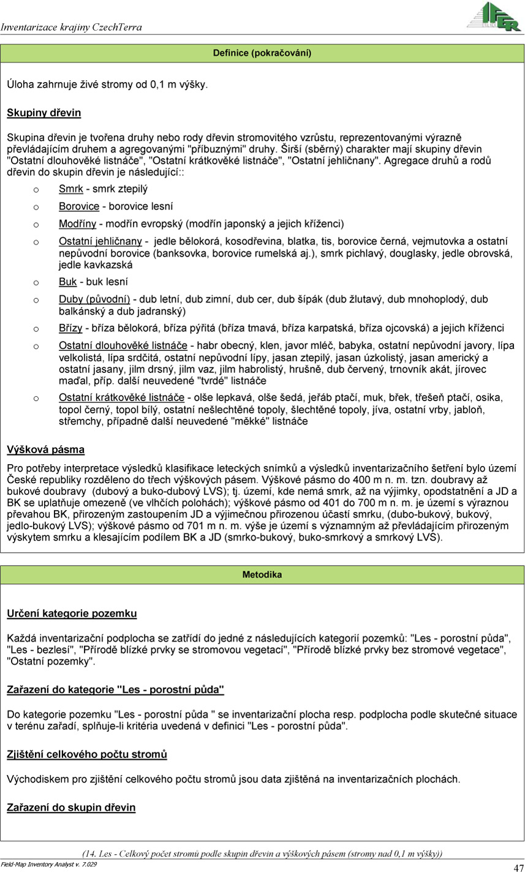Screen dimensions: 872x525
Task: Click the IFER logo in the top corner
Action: pyautogui.click(x=493, y=17)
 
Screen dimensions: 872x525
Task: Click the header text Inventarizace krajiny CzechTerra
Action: pyautogui.click(x=71, y=27)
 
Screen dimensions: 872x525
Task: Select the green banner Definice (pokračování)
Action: pyautogui.click(x=262, y=53)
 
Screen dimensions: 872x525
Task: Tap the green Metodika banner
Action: pyautogui.click(x=262, y=575)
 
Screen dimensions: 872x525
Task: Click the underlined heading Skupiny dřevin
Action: pyautogui.click(x=43, y=113)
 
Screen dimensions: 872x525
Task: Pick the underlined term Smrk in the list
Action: pyautogui.click(x=70, y=189)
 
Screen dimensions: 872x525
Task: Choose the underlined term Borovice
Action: pyautogui.click(x=79, y=206)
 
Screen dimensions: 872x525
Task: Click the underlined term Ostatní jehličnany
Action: pyautogui.click(x=100, y=241)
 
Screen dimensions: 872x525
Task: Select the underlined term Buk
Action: pyautogui.click(x=67, y=282)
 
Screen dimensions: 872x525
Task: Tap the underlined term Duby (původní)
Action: pyautogui.click(x=94, y=299)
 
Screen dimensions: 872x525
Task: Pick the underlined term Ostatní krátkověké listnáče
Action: pyautogui.click(x=122, y=398)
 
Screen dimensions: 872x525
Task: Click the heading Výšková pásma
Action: pyautogui.click(x=45, y=449)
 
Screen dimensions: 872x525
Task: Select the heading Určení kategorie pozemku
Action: pyautogui.click(x=72, y=614)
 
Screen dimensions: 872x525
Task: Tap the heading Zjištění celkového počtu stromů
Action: pyautogui.click(x=86, y=754)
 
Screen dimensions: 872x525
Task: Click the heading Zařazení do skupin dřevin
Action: pyautogui.click(x=71, y=808)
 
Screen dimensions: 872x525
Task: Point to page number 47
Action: pyautogui.click(x=517, y=866)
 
